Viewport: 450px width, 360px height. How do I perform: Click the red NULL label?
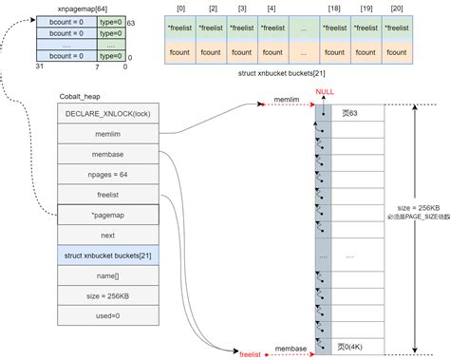[325, 92]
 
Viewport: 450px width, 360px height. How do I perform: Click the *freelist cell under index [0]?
[183, 30]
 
